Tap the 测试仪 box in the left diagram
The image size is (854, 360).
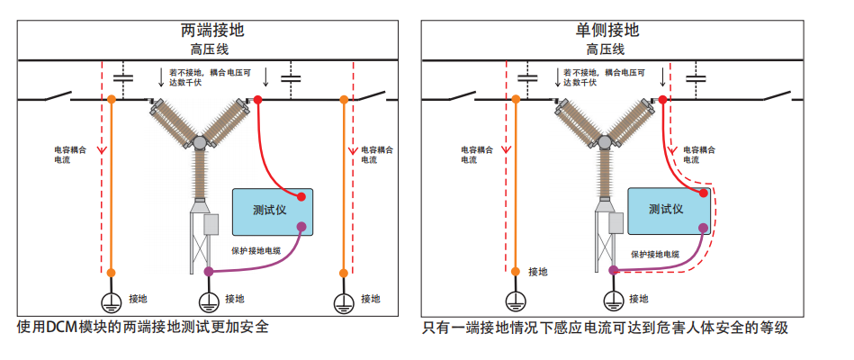tap(272, 211)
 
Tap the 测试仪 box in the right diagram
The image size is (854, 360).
tap(667, 211)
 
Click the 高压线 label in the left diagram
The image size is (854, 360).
tap(212, 49)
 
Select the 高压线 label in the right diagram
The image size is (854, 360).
tap(607, 49)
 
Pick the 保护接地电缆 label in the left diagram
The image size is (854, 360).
tap(256, 251)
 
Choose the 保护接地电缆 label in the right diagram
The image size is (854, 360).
tap(653, 255)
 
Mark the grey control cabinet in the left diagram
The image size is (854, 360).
tap(212, 224)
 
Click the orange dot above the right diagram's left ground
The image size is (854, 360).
tap(514, 270)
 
